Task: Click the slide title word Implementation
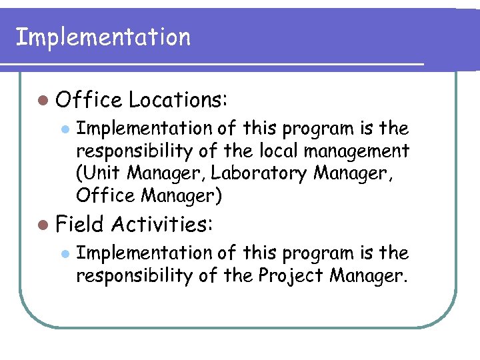click(x=103, y=37)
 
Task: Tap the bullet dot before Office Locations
click(x=43, y=100)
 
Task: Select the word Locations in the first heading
click(x=179, y=100)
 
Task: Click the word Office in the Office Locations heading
click(x=89, y=100)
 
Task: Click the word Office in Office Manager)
click(x=99, y=196)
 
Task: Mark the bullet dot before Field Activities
click(x=43, y=224)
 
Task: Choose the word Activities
click(x=162, y=224)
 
